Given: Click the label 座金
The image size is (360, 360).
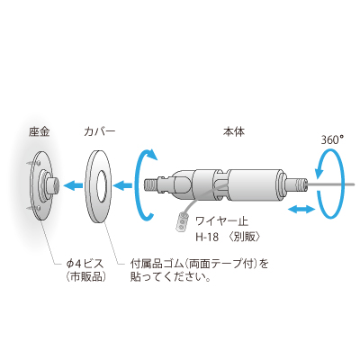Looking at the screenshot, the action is tap(40, 132).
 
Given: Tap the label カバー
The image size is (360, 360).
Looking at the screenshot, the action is tap(100, 132).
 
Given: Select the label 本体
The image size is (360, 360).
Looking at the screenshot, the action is tap(234, 132).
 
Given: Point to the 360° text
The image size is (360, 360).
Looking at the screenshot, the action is tap(332, 140).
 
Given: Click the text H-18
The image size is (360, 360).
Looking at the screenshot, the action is tap(207, 238).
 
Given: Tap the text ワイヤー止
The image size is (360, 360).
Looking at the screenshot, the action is tap(222, 221).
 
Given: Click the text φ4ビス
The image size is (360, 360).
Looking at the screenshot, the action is tap(85, 265).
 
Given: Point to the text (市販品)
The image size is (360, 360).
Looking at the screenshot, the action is tap(86, 276).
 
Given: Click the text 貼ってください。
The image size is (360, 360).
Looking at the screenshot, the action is tap(170, 276).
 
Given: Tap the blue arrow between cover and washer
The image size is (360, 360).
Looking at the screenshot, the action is tap(74, 186).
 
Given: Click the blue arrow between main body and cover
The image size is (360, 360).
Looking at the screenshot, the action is tap(123, 186).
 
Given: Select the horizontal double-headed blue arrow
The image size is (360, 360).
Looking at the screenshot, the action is tap(301, 210).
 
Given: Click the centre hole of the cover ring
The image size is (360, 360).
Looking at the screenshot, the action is tap(102, 185).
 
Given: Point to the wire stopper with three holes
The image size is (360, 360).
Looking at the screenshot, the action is tap(183, 222).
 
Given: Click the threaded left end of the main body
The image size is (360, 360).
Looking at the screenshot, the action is tap(151, 186).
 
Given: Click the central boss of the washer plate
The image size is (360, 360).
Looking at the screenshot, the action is tap(53, 185).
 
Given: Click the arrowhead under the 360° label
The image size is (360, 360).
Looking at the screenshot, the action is tap(318, 174).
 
